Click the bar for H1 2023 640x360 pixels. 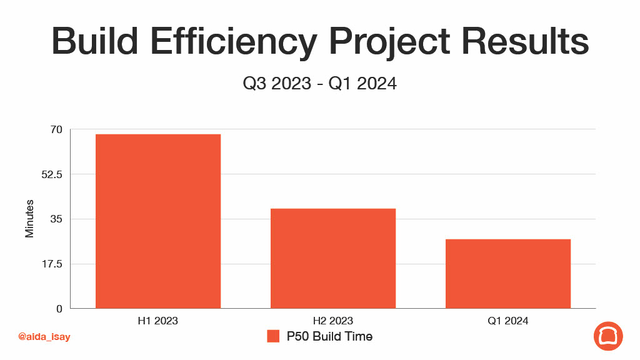[x=158, y=221]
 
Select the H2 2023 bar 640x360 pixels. [x=333, y=258]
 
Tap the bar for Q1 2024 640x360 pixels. [x=507, y=274]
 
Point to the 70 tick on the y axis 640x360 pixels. [x=56, y=130]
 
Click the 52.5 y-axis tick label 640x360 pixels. [x=52, y=175]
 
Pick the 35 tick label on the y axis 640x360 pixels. [x=56, y=219]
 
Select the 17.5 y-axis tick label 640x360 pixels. [x=52, y=264]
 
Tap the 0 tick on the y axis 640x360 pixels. [x=59, y=309]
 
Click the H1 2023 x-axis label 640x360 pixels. [x=158, y=321]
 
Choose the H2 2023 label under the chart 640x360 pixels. [x=333, y=321]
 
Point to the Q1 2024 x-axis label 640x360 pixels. [x=507, y=321]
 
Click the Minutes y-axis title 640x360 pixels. [x=29, y=219]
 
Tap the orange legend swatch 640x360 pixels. [x=273, y=336]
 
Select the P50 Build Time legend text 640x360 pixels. [x=329, y=336]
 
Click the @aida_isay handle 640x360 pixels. [x=44, y=337]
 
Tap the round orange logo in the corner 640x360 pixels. [x=608, y=336]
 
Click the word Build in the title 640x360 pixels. [x=95, y=41]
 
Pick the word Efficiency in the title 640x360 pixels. [x=234, y=43]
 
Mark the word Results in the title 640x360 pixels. [x=525, y=41]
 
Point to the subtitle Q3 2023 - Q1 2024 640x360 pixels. [x=319, y=84]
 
